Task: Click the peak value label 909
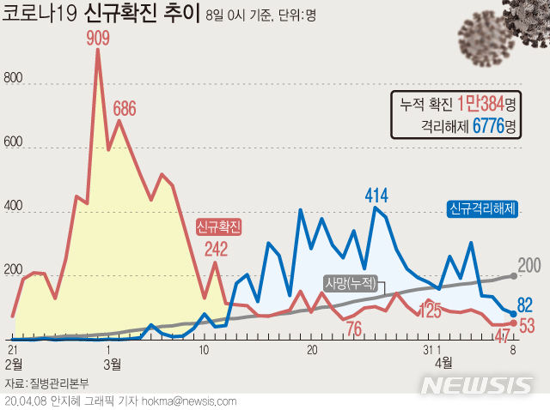tap(97, 38)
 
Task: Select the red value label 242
tap(217, 250)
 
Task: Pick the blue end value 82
tap(527, 304)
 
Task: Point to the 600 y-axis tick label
tap(15, 147)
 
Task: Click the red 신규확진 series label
tap(218, 226)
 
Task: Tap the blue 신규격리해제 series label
tap(482, 208)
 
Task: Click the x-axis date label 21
tap(13, 349)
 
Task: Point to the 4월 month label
tap(444, 363)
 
